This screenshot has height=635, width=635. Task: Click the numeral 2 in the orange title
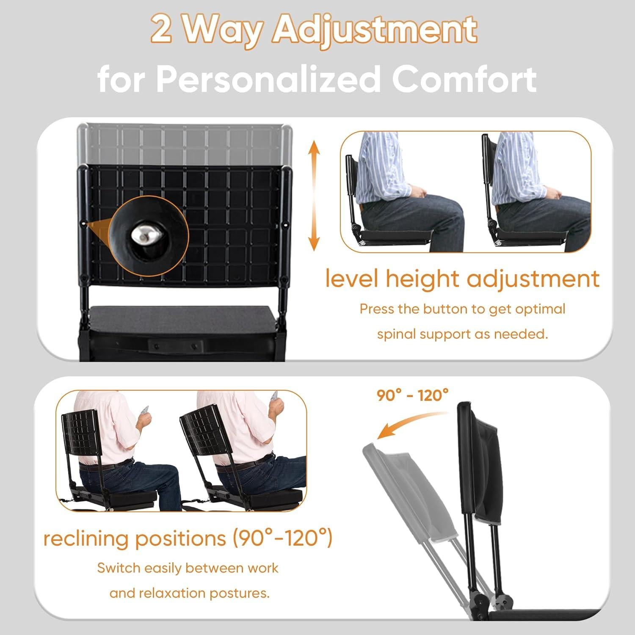tap(161, 30)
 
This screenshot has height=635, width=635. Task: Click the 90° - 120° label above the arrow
tap(412, 395)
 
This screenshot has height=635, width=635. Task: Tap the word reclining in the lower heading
tap(87, 538)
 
